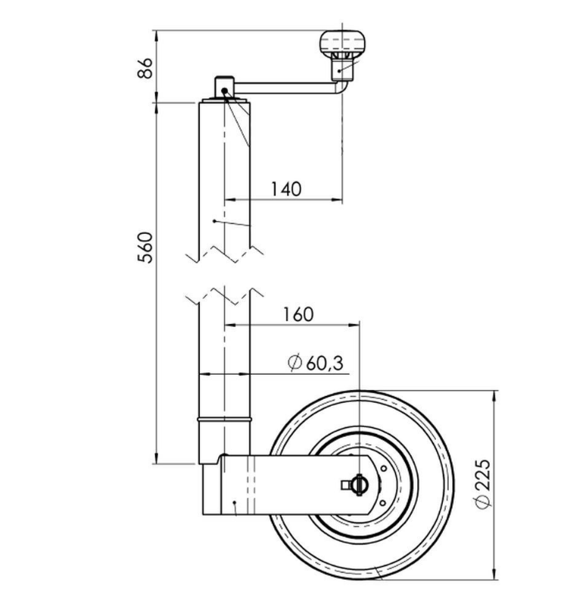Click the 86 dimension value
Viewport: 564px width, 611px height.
(x=145, y=68)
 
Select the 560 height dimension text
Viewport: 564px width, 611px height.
(x=145, y=248)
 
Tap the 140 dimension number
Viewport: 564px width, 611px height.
(x=286, y=189)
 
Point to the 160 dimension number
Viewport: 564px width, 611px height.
(x=298, y=314)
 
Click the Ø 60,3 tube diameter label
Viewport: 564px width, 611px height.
(x=316, y=363)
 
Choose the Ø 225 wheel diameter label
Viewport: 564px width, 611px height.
(x=483, y=485)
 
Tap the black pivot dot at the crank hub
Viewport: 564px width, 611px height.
(x=224, y=91)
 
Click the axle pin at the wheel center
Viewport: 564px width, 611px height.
(x=358, y=485)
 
